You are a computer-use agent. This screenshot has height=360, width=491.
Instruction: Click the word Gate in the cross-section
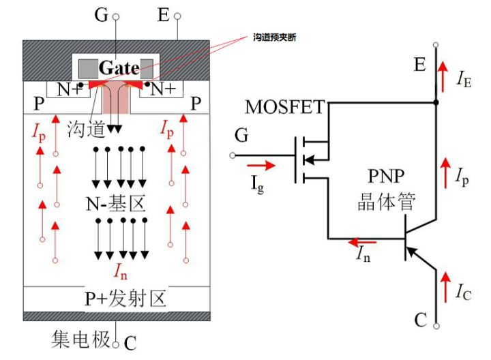pyautogui.click(x=119, y=67)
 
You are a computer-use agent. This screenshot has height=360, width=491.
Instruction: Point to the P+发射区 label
pyautogui.click(x=125, y=299)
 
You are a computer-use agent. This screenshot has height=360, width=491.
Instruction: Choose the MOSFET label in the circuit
pyautogui.click(x=284, y=107)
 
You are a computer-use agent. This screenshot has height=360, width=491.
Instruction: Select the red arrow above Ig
pyautogui.click(x=261, y=164)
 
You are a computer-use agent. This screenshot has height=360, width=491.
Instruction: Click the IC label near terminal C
pyautogui.click(x=464, y=292)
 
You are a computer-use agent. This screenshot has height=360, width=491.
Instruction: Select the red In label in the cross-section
pyautogui.click(x=121, y=273)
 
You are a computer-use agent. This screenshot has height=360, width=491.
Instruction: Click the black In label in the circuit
pyautogui.click(x=366, y=255)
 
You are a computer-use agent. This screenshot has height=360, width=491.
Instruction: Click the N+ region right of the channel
pyautogui.click(x=162, y=89)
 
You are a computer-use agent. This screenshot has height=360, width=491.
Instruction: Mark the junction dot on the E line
pyautogui.click(x=436, y=103)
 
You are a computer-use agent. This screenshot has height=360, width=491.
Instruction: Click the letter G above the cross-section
pyautogui.click(x=101, y=15)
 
